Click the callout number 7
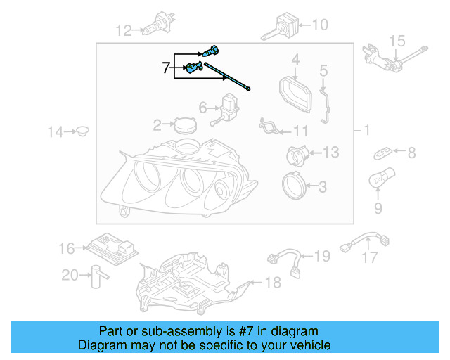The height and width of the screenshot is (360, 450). [x=167, y=67]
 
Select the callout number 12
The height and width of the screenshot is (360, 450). [x=124, y=30]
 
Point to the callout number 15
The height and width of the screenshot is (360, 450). [x=397, y=41]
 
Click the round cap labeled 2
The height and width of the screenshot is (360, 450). [x=186, y=126]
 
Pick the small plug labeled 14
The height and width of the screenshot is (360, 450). [x=82, y=130]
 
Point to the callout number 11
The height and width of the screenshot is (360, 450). [x=301, y=131]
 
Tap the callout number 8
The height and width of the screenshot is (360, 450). [x=411, y=152]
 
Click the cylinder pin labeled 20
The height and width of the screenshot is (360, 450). [x=94, y=276]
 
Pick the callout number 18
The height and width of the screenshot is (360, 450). [x=272, y=283]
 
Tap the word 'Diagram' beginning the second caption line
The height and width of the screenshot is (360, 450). [x=102, y=345]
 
